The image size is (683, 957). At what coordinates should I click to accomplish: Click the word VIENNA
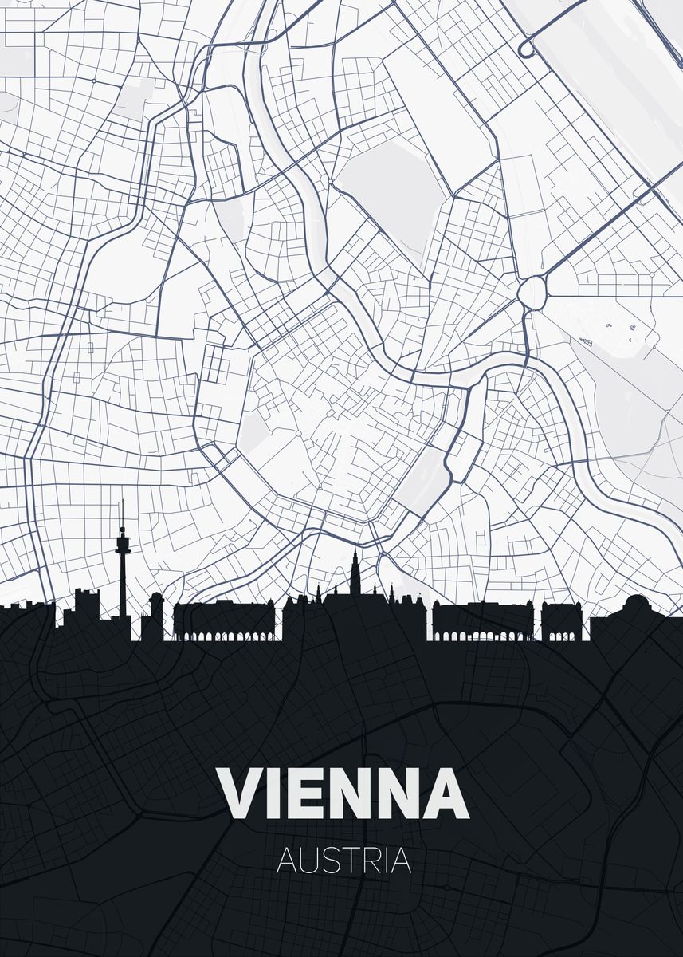pos(343,794)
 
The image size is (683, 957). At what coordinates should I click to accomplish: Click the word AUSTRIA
pos(343,861)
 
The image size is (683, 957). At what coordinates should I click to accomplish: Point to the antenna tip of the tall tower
pos(122,503)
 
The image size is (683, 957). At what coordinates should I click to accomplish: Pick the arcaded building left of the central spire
pos(225,622)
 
